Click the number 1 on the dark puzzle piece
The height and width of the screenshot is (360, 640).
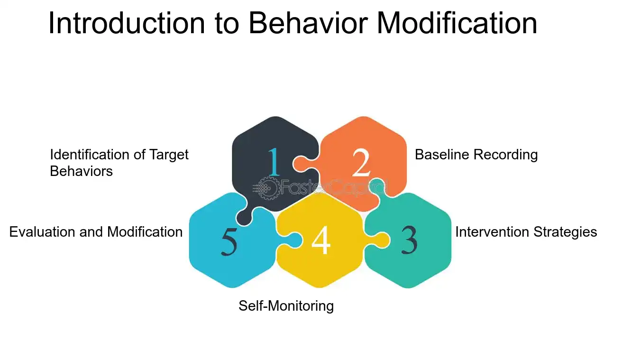(274, 162)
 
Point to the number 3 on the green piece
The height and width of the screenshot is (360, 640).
(409, 240)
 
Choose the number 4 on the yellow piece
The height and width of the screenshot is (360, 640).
(321, 240)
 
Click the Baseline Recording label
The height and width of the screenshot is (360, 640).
(476, 155)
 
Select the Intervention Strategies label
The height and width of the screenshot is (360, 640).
(526, 232)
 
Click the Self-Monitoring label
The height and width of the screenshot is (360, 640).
(286, 306)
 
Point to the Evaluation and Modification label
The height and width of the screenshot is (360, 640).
(96, 232)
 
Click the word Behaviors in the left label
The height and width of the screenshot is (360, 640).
(81, 171)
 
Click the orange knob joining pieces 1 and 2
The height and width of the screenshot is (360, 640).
(300, 164)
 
